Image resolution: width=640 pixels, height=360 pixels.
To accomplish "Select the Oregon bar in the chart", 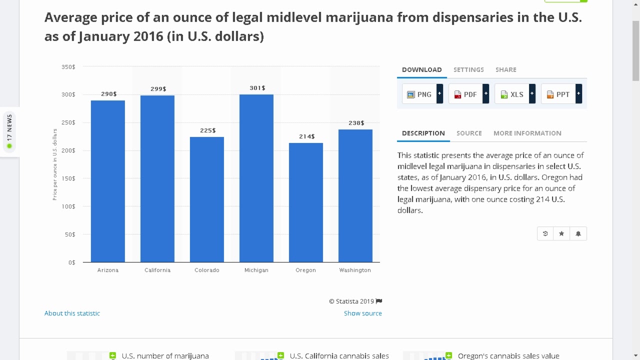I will (x=305, y=202).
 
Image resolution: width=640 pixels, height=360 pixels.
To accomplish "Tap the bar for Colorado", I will (x=206, y=199).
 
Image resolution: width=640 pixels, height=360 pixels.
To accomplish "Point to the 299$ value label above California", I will (x=158, y=89).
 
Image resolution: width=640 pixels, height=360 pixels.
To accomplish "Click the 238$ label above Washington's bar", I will (x=356, y=123).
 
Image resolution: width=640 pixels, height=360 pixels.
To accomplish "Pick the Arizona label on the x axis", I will (x=108, y=270).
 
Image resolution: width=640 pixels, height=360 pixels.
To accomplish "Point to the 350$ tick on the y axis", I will (x=68, y=66).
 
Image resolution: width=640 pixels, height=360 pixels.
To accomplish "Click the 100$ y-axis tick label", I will (x=68, y=206).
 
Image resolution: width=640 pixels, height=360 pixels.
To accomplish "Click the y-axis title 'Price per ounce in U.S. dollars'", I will (x=55, y=164).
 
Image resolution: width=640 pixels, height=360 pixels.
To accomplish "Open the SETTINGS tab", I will (x=468, y=69).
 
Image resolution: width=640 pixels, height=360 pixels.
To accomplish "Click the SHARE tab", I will (x=505, y=69).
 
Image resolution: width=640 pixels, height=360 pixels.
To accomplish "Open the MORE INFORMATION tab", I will (x=527, y=133).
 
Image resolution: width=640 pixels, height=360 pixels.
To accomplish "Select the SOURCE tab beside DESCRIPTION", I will (x=469, y=133).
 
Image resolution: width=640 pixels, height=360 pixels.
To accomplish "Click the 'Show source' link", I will (x=362, y=313).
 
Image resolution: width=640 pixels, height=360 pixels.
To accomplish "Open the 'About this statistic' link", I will (x=72, y=313).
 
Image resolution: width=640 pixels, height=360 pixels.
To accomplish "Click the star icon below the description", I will (x=561, y=233).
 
